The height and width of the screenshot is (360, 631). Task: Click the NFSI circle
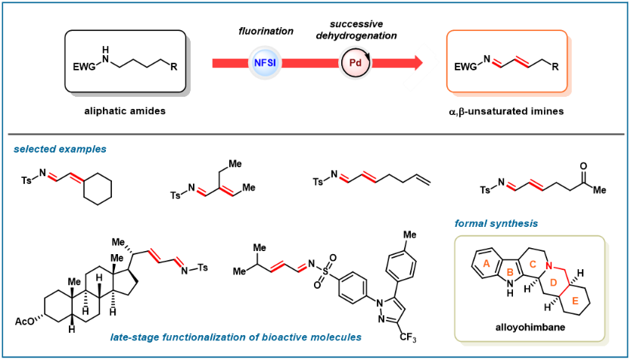pos(265,63)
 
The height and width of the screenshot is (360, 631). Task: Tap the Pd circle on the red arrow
pos(355,63)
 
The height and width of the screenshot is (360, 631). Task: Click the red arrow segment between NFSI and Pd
pos(310,63)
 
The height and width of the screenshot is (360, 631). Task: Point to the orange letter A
pos(486,264)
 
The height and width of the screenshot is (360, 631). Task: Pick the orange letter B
pos(510,272)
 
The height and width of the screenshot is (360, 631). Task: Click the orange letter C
pos(533,265)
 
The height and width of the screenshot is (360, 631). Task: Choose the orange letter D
pos(553,283)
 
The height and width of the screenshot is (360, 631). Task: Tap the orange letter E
pos(575,301)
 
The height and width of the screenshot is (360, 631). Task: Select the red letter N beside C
pos(549,265)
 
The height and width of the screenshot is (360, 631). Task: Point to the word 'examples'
pos(84,149)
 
